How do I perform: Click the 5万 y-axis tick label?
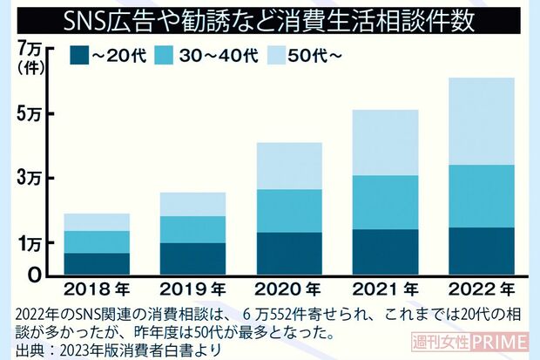pos(30,114)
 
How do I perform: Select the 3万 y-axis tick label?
pos(30,179)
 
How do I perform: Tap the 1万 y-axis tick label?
pos(30,243)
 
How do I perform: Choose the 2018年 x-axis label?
pos(97,289)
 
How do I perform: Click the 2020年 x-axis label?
pos(288,289)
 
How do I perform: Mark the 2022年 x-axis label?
pos(480,289)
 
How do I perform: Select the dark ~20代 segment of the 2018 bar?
pos(97,264)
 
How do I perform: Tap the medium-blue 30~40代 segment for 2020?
pos(288,211)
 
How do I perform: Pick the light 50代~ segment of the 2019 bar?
pos(192,204)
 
